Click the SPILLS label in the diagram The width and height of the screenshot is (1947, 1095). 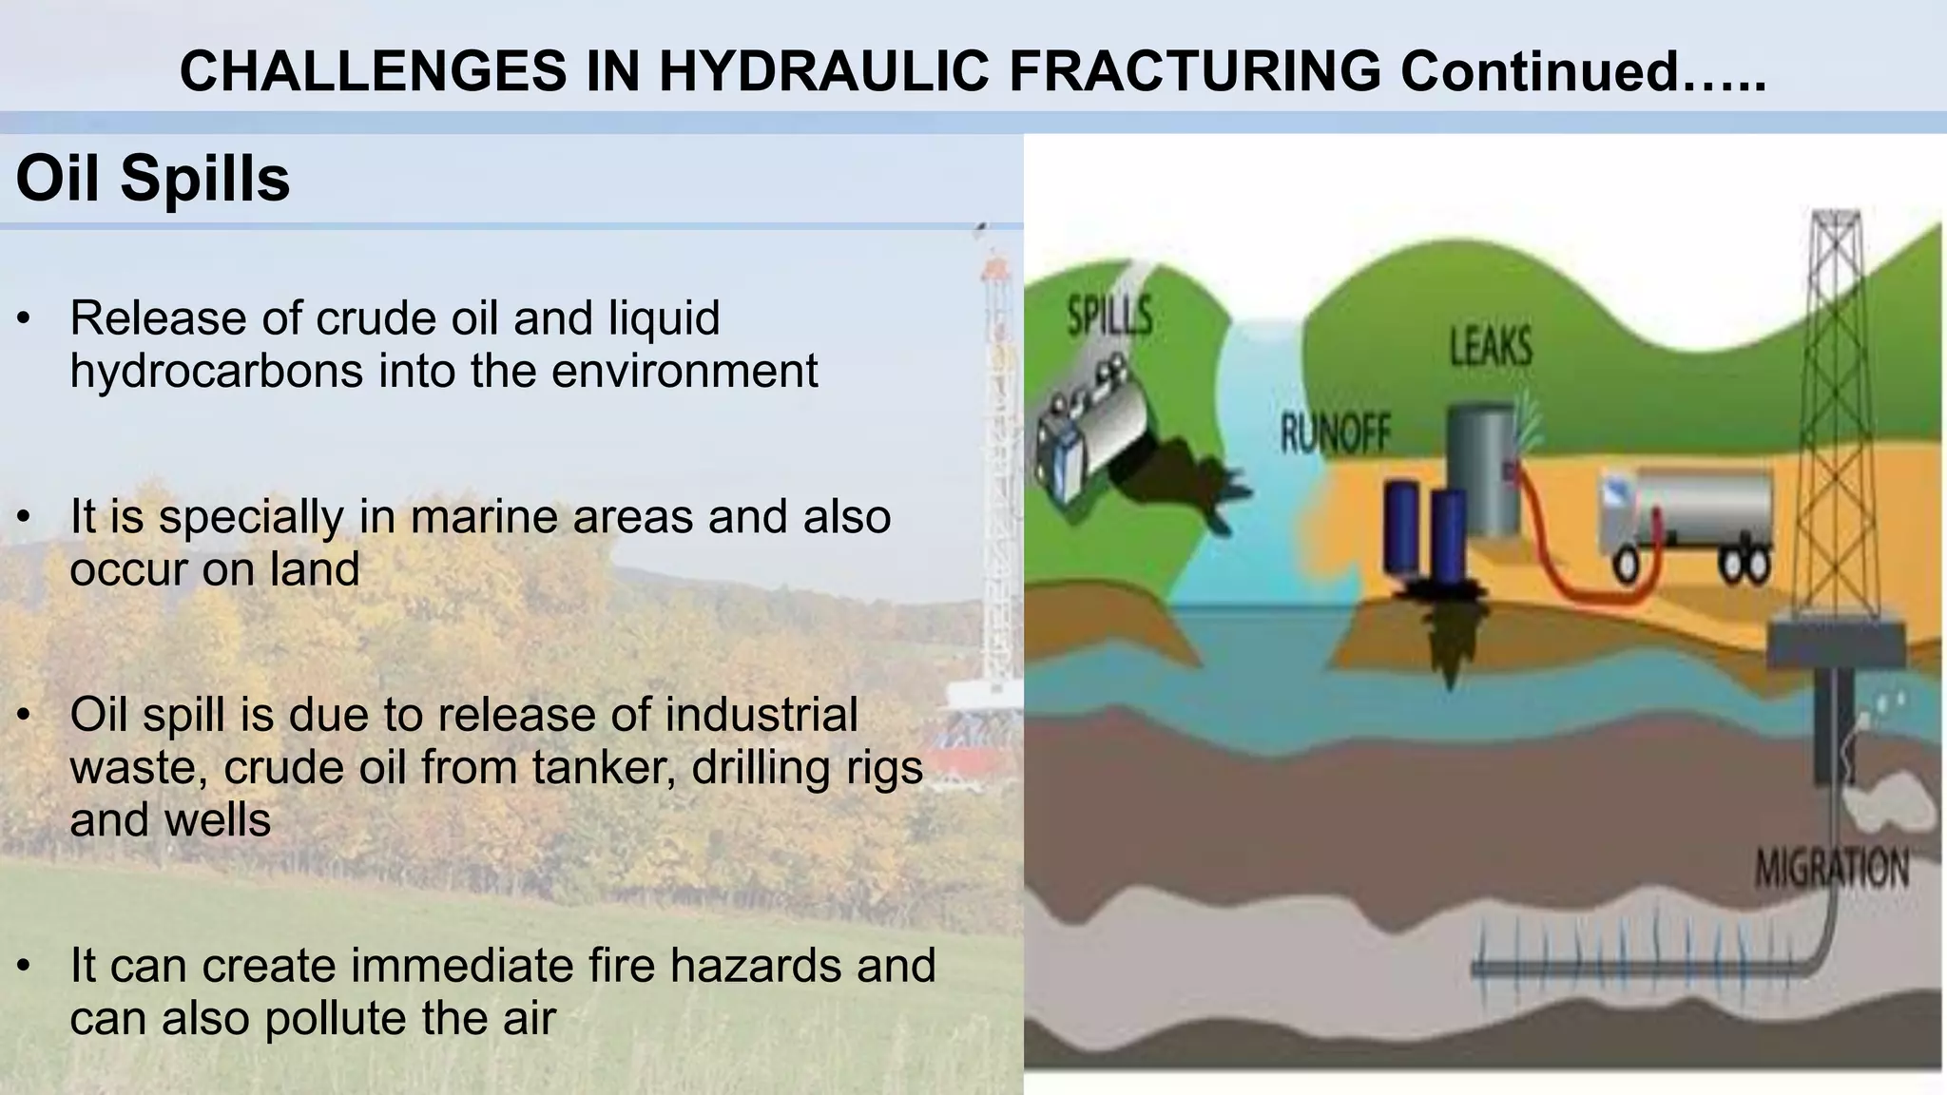pos(1109,316)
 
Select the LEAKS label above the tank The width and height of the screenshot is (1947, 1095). pos(1491,347)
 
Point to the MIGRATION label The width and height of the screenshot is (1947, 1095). pos(1830,868)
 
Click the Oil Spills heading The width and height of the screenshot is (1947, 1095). pos(153,179)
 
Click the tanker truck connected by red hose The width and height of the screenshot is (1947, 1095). pos(1683,523)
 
